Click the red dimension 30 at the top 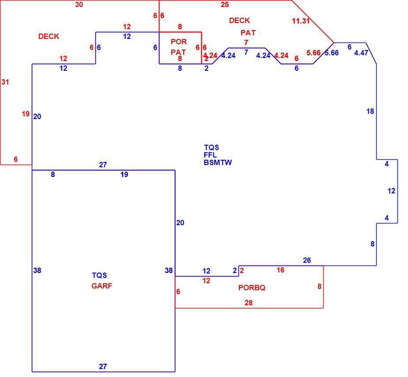point(79,4)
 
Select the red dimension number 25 point(225,4)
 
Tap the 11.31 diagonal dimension point(301,21)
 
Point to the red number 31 point(5,82)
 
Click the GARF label point(102,286)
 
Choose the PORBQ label point(252,288)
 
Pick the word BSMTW point(218,162)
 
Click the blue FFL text point(210,155)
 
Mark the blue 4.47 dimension point(361,53)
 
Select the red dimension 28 point(249,303)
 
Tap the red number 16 point(280,270)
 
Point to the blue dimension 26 point(307,260)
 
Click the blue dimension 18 point(370,112)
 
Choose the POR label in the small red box point(179,42)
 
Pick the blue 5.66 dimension point(332,53)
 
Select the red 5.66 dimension point(314,53)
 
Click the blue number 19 point(124,174)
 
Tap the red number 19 point(26,114)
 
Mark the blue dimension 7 point(246,52)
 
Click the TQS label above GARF point(99,275)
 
